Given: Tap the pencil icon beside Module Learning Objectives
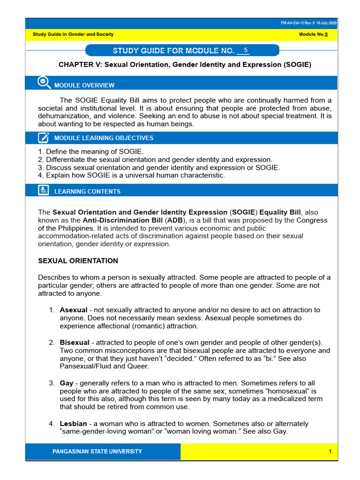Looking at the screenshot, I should tap(43, 137).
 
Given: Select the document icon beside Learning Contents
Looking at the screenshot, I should tap(43, 190).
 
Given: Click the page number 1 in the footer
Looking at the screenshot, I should tap(330, 451).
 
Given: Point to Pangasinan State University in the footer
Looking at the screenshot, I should tap(97, 451).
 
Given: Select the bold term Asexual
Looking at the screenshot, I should tap(73, 310).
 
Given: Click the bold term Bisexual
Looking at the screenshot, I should tap(75, 343).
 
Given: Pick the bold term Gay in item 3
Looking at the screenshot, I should tap(67, 383).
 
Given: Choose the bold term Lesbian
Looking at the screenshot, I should tap(73, 423).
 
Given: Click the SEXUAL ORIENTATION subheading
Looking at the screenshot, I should tap(78, 261).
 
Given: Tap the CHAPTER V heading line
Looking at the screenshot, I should tap(185, 64).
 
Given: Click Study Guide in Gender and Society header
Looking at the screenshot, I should tap(73, 34).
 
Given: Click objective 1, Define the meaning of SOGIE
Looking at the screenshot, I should tap(91, 151).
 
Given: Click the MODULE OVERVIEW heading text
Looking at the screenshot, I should tap(84, 85).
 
